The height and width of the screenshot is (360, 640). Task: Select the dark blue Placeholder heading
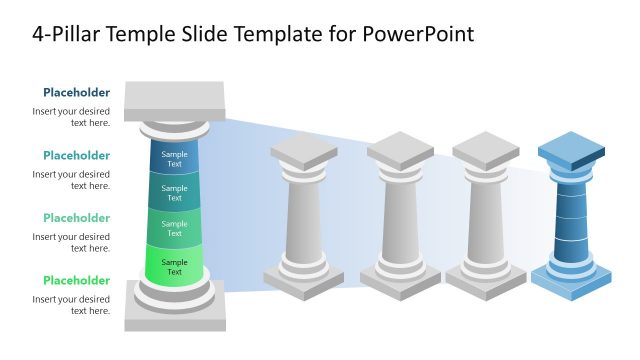point(76,93)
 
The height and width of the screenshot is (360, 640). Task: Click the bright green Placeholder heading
point(76,280)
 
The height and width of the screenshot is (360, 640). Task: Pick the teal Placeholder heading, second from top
point(76,155)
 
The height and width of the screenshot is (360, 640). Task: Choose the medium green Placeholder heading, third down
point(76,218)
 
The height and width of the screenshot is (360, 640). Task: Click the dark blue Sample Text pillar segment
point(175,159)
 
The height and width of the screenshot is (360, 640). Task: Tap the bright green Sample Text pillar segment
point(175,267)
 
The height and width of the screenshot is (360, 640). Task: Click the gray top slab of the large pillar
point(175,99)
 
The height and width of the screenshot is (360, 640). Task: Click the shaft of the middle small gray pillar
point(400,220)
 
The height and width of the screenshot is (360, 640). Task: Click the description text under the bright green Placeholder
point(71,305)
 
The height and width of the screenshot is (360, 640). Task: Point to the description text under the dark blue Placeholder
point(71,117)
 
